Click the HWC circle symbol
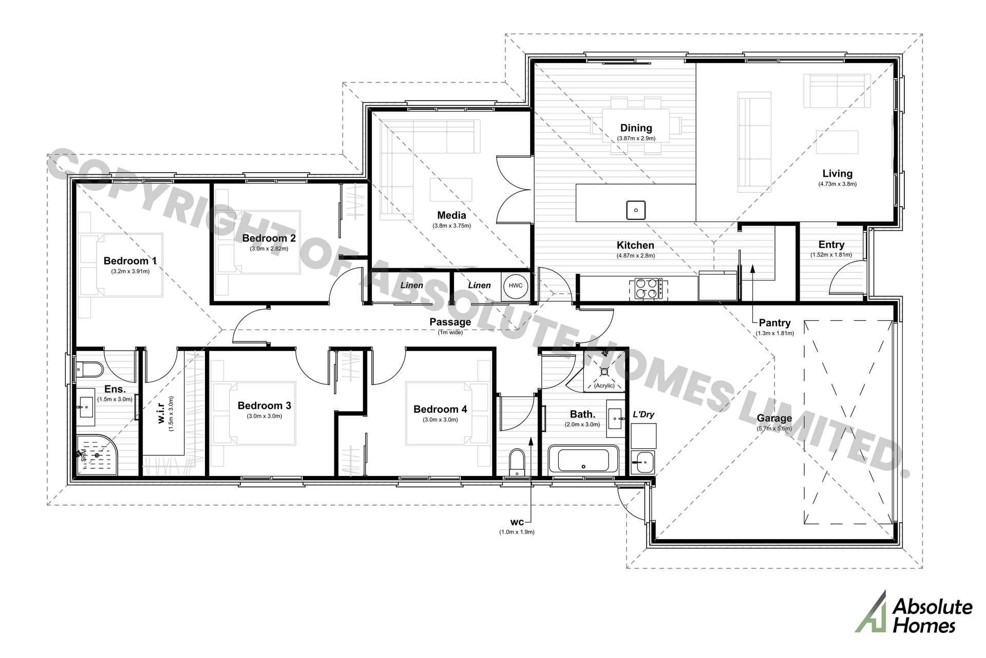pyautogui.click(x=515, y=286)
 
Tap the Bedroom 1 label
pyautogui.click(x=130, y=261)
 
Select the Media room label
pyautogui.click(x=451, y=215)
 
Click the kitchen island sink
pyautogui.click(x=636, y=210)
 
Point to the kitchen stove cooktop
pyautogui.click(x=648, y=288)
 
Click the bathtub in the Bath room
pyautogui.click(x=583, y=459)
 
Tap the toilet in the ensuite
pyautogui.click(x=91, y=369)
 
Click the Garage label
pyautogui.click(x=774, y=418)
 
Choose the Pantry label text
pyautogui.click(x=774, y=323)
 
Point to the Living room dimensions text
pyautogui.click(x=837, y=184)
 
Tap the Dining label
pyautogui.click(x=636, y=128)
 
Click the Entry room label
pyautogui.click(x=831, y=245)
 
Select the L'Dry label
pyautogui.click(x=643, y=414)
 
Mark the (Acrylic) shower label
pyautogui.click(x=604, y=386)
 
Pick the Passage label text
pyautogui.click(x=450, y=322)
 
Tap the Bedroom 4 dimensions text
pyautogui.click(x=440, y=419)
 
